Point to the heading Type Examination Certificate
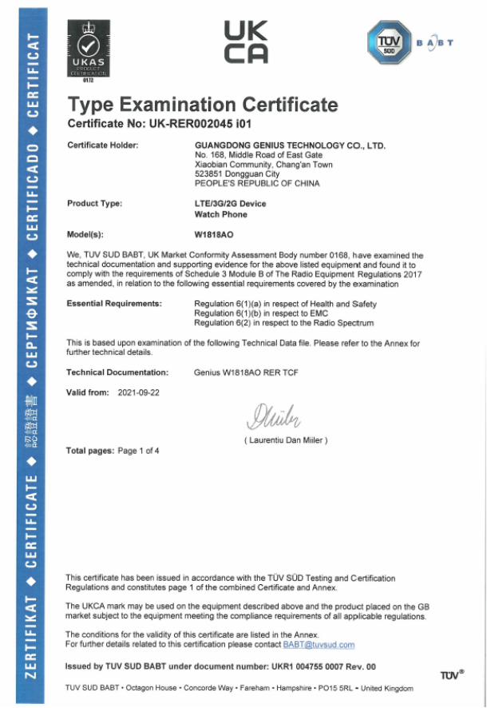point(203,104)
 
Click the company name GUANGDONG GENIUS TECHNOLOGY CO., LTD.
point(290,145)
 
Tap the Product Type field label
point(94,204)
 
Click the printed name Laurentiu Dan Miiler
point(286,440)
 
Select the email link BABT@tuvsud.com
point(318,644)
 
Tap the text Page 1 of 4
point(138,451)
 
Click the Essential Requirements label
point(114,304)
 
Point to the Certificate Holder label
point(103,145)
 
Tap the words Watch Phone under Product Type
point(221,214)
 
